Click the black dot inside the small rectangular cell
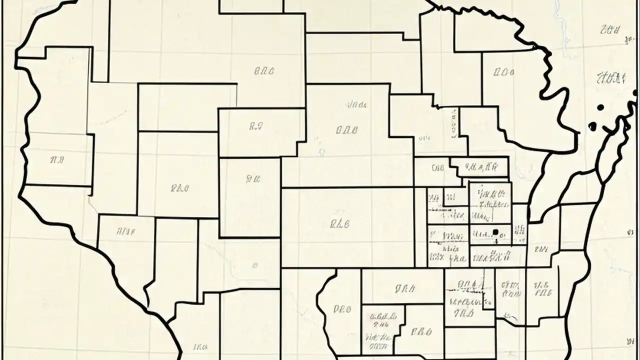[x=495, y=231]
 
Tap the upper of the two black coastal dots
[x=600, y=107]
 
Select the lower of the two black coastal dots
[x=592, y=126]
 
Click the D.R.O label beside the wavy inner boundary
[x=342, y=309]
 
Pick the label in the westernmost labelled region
[x=57, y=160]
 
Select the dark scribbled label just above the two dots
[x=611, y=77]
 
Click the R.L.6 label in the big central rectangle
[x=340, y=224]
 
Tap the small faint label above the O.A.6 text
[x=357, y=105]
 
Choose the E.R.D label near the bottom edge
[x=420, y=331]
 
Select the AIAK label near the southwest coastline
[x=126, y=231]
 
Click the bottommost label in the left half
[x=200, y=346]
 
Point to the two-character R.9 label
[x=255, y=127]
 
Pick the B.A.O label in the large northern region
[x=264, y=71]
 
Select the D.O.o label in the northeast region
[x=504, y=72]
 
